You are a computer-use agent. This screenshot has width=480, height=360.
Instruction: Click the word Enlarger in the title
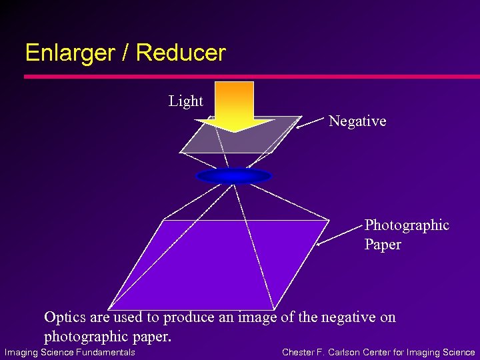[x=67, y=53]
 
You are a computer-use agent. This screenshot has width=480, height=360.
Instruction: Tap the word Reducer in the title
[x=184, y=53]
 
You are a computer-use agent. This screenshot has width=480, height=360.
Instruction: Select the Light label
[x=185, y=101]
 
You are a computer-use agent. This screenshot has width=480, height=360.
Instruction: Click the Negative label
[x=357, y=121]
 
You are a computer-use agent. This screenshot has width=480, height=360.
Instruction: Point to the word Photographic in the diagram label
[x=407, y=225]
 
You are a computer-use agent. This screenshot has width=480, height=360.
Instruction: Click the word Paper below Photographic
[x=383, y=245]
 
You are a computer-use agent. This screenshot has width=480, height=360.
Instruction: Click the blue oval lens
[x=235, y=176]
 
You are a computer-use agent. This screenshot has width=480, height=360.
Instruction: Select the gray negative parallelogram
[x=200, y=140]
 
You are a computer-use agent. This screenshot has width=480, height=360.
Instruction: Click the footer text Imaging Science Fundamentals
[x=70, y=352]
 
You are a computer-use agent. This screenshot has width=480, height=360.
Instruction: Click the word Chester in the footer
[x=299, y=352]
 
